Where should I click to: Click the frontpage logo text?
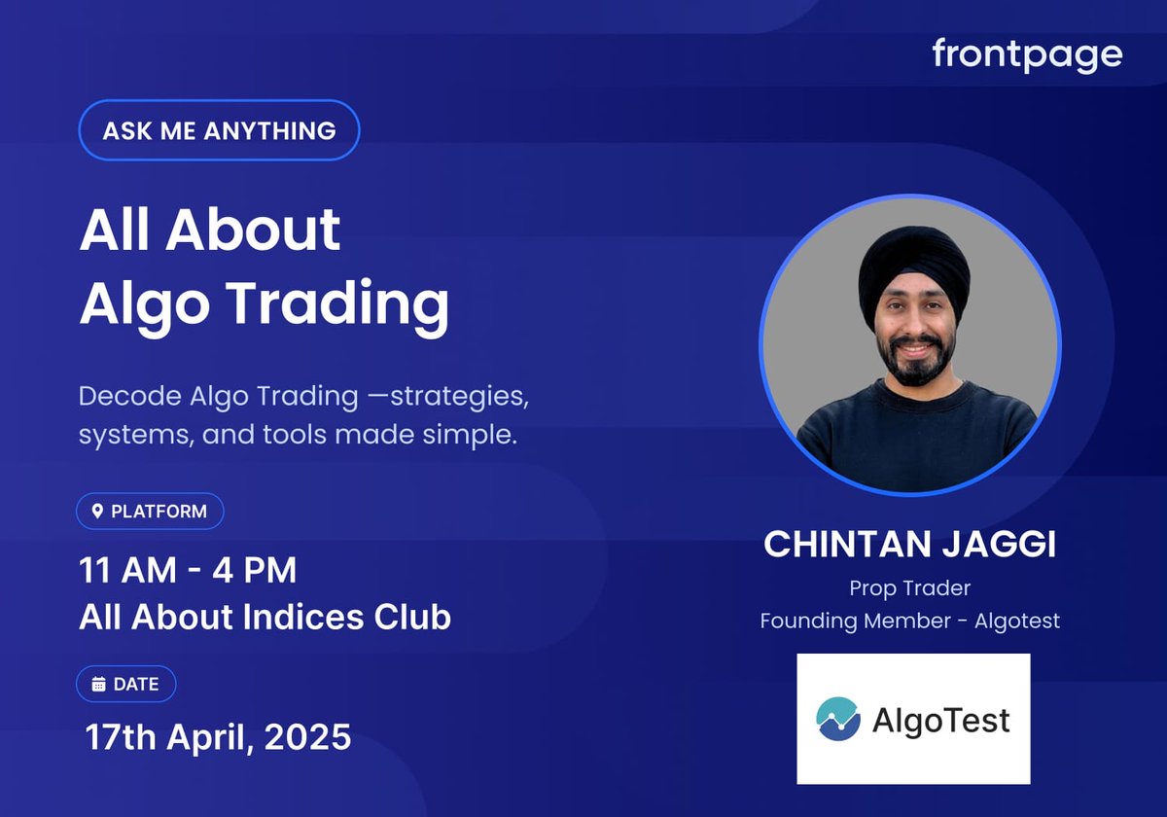click(1027, 54)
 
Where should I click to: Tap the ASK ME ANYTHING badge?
click(219, 130)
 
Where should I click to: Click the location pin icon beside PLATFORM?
click(97, 512)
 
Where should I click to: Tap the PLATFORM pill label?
click(150, 512)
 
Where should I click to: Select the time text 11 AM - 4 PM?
click(188, 570)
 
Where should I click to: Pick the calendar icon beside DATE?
click(98, 685)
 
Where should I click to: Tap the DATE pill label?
click(126, 685)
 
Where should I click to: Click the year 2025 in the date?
click(307, 737)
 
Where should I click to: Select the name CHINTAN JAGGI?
click(909, 545)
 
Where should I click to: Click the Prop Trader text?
click(909, 587)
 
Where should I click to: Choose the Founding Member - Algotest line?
click(909, 621)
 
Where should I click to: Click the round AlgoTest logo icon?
click(838, 720)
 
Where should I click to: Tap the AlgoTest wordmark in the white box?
click(940, 721)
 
